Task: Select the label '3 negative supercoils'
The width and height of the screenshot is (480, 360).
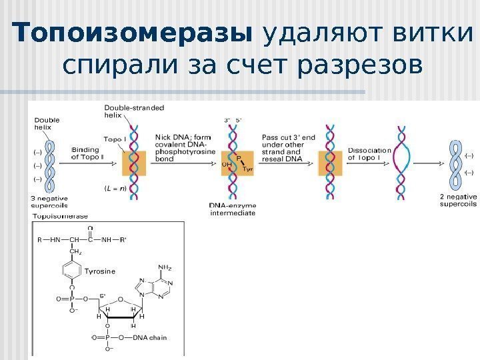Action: point(53,203)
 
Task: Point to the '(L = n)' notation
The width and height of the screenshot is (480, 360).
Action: point(116,189)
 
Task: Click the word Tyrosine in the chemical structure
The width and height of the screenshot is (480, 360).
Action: point(101,271)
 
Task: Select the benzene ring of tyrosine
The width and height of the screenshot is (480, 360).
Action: point(71,272)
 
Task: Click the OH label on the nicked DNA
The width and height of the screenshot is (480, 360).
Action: point(226,163)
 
